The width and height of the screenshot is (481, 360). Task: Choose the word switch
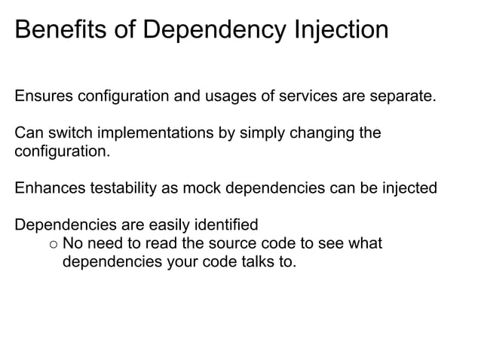tap(71, 133)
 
